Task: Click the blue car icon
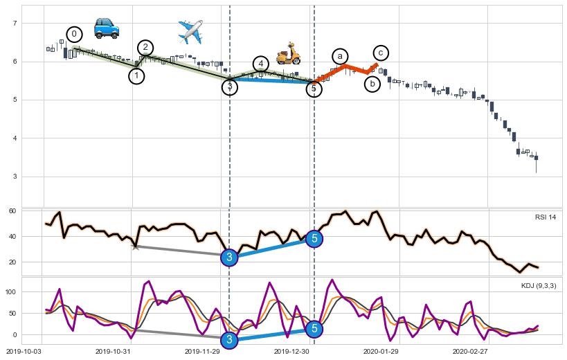(x=107, y=28)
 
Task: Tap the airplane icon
(x=190, y=31)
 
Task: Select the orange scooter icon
(x=288, y=54)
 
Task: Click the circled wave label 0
(x=75, y=34)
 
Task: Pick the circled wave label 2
(x=145, y=47)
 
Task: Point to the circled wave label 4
(x=260, y=64)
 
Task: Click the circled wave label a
(x=339, y=56)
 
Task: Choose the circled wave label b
(x=372, y=84)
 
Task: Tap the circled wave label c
(x=381, y=53)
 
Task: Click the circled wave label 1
(x=136, y=76)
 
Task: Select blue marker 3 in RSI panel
(x=230, y=258)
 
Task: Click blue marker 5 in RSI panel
(x=314, y=239)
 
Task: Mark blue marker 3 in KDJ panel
(x=230, y=339)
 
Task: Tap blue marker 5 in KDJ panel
(x=314, y=329)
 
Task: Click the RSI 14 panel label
(x=545, y=217)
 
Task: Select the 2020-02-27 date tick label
(x=471, y=352)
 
